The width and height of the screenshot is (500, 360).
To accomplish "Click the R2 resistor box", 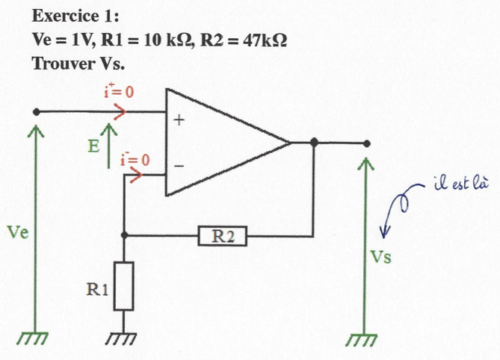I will point(223,237).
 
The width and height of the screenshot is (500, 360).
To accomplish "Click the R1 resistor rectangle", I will point(124,285).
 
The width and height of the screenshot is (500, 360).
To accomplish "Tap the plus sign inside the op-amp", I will point(179,120).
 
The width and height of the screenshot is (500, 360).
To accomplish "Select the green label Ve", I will point(18,232).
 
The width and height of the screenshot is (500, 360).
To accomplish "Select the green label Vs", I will point(382,258).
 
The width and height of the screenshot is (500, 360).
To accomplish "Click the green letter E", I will point(93,146).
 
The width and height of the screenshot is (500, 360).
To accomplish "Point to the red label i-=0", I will point(135,159).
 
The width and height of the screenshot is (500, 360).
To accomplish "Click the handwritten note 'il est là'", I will point(457,184).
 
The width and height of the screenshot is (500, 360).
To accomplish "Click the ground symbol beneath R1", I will point(123,338).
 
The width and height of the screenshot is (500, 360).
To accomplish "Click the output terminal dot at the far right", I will point(365,143).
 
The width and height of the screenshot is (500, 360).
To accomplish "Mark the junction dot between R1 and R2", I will point(123,235).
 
